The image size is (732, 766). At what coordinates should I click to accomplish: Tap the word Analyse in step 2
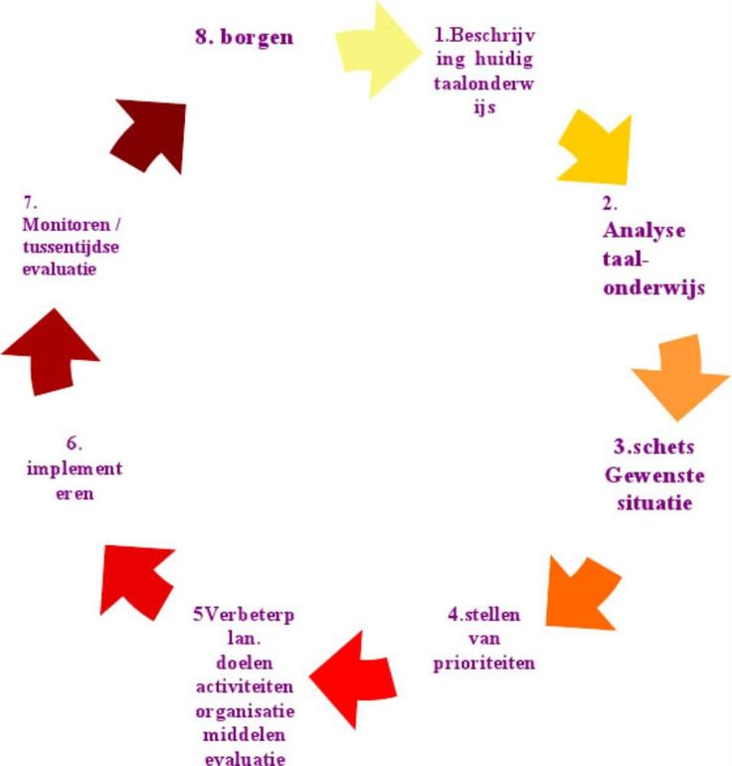[643, 231]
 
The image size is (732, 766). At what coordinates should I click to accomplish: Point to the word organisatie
[245, 713]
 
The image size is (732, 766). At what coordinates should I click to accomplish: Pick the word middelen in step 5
[245, 737]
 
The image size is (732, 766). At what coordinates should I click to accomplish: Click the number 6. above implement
[75, 442]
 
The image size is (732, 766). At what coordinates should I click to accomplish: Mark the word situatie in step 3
[647, 503]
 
